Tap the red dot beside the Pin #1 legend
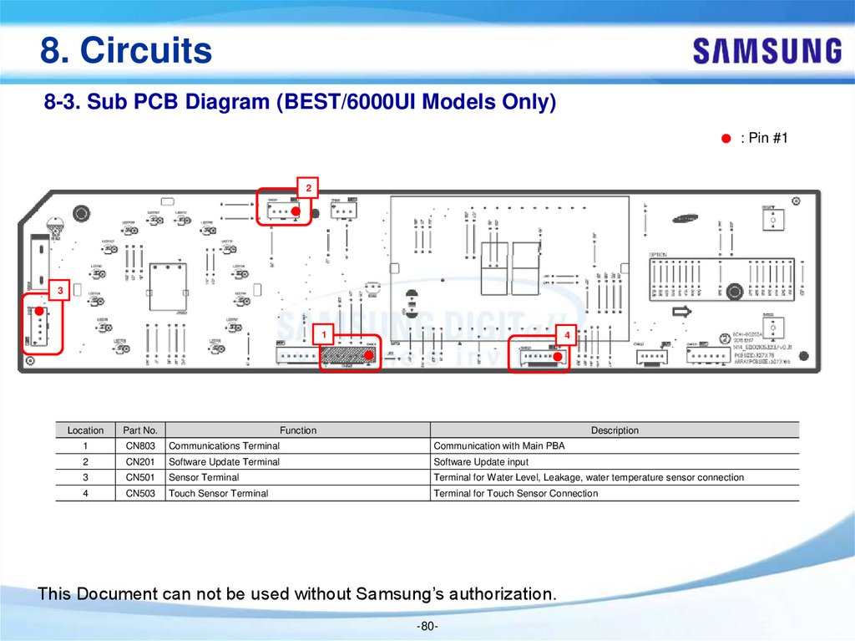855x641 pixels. [x=726, y=138]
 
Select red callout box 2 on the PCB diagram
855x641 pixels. [x=308, y=188]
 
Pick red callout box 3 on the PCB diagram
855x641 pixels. [x=60, y=291]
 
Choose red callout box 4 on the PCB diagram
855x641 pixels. [x=566, y=335]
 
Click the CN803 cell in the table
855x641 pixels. [x=140, y=446]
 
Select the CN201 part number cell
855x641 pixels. [x=140, y=462]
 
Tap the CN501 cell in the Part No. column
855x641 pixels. [x=140, y=478]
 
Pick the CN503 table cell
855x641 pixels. [x=140, y=494]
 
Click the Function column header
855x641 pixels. [x=298, y=430]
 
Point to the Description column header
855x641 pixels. [x=615, y=430]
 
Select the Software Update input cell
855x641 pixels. [x=481, y=462]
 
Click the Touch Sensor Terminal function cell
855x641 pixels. [x=219, y=494]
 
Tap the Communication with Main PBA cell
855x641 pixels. [x=499, y=446]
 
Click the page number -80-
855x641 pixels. [x=427, y=627]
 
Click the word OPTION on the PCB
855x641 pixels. [x=658, y=254]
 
